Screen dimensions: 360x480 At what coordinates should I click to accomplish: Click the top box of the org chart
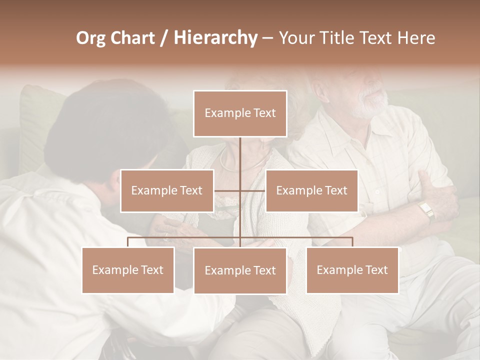click(240, 113)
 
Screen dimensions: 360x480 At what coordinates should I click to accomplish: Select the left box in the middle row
click(167, 190)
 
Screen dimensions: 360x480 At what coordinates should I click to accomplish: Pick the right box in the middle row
click(311, 190)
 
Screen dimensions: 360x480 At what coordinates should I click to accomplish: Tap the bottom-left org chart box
click(128, 270)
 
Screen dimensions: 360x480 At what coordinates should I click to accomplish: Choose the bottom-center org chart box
click(240, 270)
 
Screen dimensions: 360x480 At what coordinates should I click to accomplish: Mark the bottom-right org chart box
click(352, 270)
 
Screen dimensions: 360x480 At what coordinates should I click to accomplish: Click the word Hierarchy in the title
click(215, 38)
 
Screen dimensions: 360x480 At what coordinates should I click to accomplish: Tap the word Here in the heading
click(415, 38)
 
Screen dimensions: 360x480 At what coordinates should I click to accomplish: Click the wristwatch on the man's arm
click(426, 210)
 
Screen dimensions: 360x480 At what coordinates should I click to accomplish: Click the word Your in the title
click(296, 38)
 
